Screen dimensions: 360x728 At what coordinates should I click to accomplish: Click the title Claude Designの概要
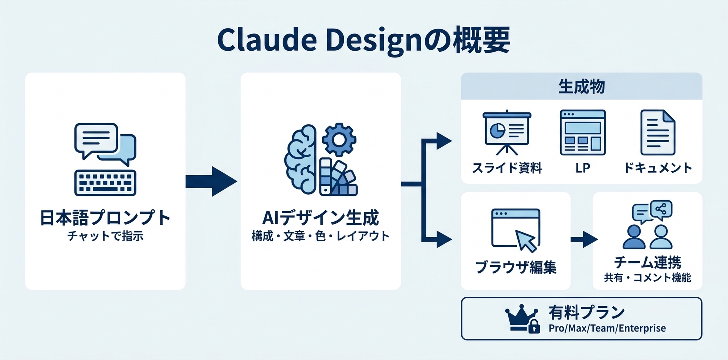coord(363,41)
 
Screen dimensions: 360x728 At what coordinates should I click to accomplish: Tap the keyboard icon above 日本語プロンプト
coord(105,182)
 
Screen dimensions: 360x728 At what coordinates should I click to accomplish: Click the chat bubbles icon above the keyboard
coord(105,143)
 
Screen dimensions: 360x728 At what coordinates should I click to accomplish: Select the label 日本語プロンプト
coord(105,218)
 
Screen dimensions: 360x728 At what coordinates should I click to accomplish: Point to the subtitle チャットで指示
coord(105,236)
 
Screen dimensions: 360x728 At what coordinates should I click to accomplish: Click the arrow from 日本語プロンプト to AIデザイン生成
coord(211,181)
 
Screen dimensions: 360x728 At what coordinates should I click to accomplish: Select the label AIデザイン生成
coord(320,218)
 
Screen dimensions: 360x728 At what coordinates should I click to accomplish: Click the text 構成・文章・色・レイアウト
coord(320,236)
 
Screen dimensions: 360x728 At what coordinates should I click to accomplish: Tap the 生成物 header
coord(581,86)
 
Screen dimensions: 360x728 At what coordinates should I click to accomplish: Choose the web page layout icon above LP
coord(582,132)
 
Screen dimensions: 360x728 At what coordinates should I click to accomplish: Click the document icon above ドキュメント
coord(657,132)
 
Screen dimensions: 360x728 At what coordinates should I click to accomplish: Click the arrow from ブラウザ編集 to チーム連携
coord(583,240)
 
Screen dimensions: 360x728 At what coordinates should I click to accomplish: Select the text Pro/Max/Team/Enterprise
coord(607,328)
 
